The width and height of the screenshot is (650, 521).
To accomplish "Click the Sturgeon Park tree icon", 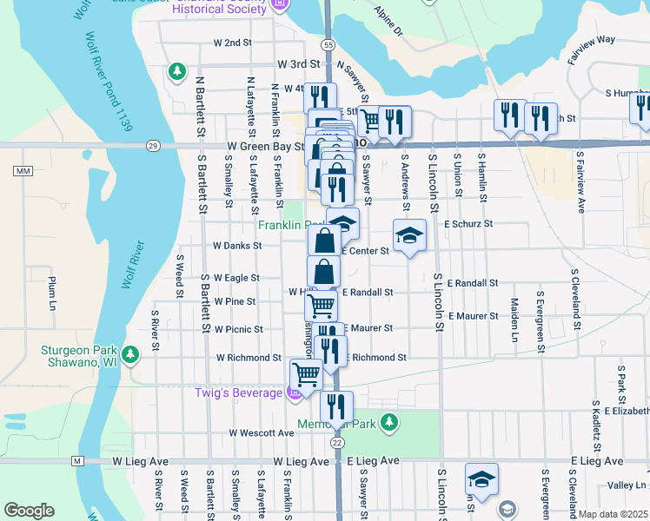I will click(130, 354).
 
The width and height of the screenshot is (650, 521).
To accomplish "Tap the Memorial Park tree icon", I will click(390, 422).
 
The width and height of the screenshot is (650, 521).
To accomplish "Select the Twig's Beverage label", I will click(237, 393).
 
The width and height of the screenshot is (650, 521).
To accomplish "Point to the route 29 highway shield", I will click(153, 146).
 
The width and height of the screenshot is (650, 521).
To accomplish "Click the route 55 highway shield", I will click(327, 44).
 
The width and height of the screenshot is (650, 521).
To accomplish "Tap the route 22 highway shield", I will click(337, 441).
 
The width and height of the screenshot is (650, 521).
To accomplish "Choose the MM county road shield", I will click(23, 170).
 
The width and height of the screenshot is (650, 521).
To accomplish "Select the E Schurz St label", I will click(468, 223).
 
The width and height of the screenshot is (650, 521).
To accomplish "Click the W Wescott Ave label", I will click(262, 432).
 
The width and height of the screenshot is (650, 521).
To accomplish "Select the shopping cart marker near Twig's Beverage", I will click(306, 374).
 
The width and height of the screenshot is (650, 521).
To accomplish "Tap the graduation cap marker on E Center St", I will click(409, 234).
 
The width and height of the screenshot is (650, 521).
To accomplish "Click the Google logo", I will click(29, 511).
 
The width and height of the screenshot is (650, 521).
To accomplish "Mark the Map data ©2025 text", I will click(613, 514).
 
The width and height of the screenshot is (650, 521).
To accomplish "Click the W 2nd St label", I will click(232, 42).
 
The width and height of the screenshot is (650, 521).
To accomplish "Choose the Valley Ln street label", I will click(627, 485).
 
